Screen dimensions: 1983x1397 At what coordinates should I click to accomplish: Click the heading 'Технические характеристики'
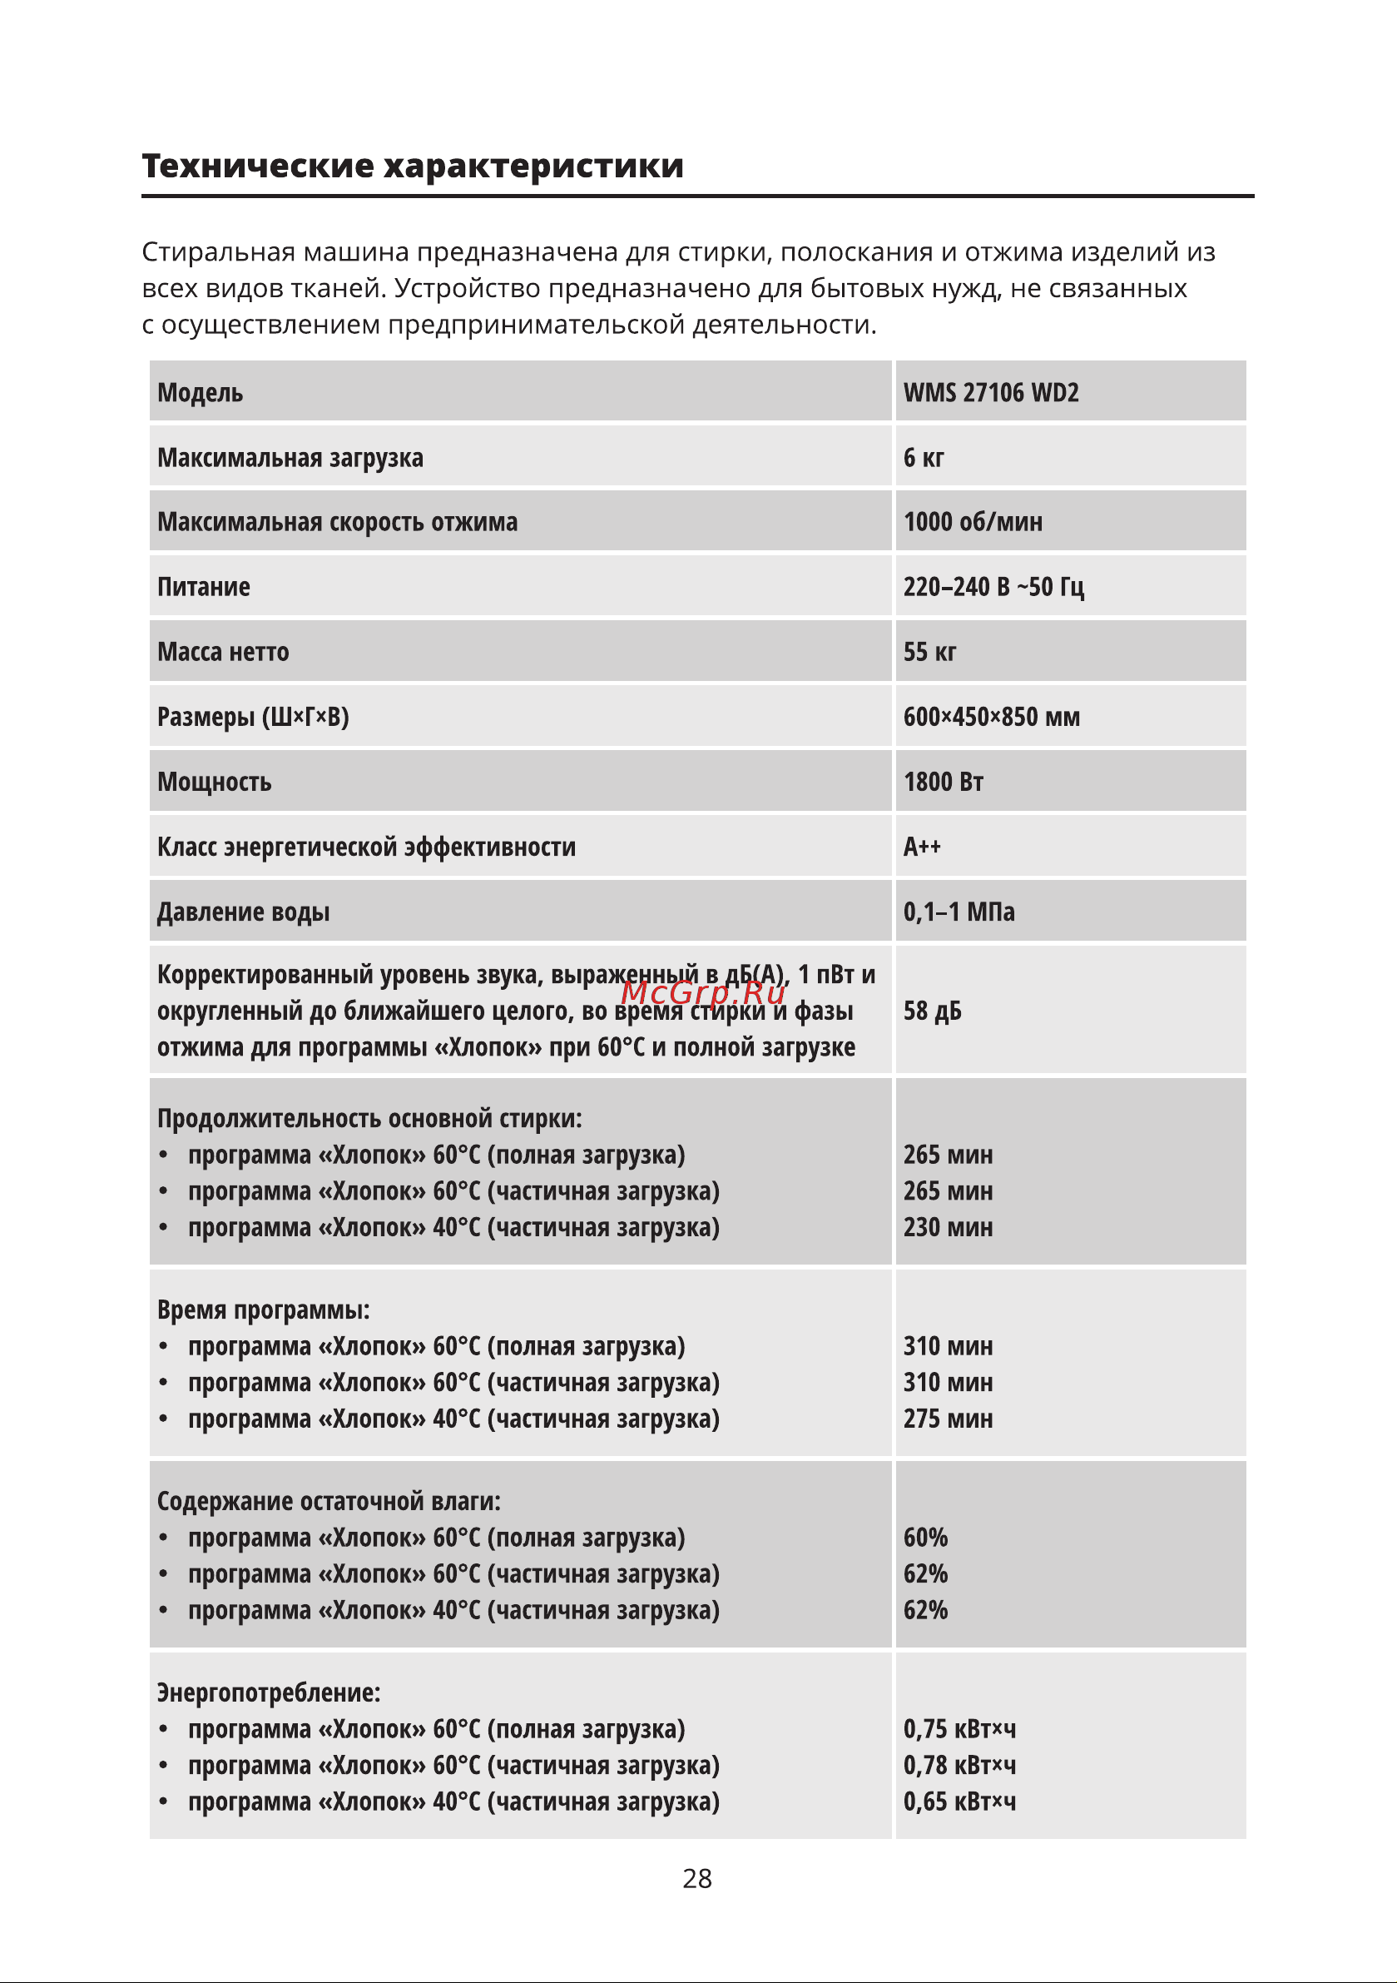pos(413,166)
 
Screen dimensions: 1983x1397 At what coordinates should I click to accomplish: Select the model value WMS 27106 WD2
pos(990,393)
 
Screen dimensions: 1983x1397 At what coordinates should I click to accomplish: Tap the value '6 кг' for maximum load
pos(923,458)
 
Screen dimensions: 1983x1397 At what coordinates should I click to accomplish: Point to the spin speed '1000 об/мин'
pos(972,523)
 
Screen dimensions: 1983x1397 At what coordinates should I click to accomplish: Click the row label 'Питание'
pos(204,587)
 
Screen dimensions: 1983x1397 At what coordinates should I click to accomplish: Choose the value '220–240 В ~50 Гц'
pos(993,587)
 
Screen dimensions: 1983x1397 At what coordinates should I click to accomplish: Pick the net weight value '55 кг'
pos(929,652)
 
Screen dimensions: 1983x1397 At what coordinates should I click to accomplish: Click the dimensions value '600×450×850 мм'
pos(991,717)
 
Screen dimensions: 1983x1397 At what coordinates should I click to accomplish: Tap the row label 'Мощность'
pos(214,782)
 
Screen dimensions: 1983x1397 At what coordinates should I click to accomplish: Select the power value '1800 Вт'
pos(943,782)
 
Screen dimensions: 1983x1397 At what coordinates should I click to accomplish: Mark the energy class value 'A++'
pos(921,847)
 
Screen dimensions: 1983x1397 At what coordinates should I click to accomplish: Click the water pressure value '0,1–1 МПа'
pos(959,912)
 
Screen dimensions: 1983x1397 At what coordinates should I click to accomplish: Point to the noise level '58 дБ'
pos(932,1011)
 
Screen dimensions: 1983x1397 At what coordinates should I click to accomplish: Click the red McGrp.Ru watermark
pos(703,993)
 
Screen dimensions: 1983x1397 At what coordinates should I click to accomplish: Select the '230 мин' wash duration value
pos(948,1227)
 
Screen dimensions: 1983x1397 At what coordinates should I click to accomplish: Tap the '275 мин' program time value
pos(948,1419)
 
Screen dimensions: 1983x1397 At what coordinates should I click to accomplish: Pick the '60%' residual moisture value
pos(924,1538)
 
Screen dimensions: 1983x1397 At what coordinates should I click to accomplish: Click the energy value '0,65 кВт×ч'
pos(959,1802)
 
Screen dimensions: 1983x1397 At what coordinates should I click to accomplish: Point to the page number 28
pos(696,1878)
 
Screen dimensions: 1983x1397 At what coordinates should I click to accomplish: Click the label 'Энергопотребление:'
pos(269,1692)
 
